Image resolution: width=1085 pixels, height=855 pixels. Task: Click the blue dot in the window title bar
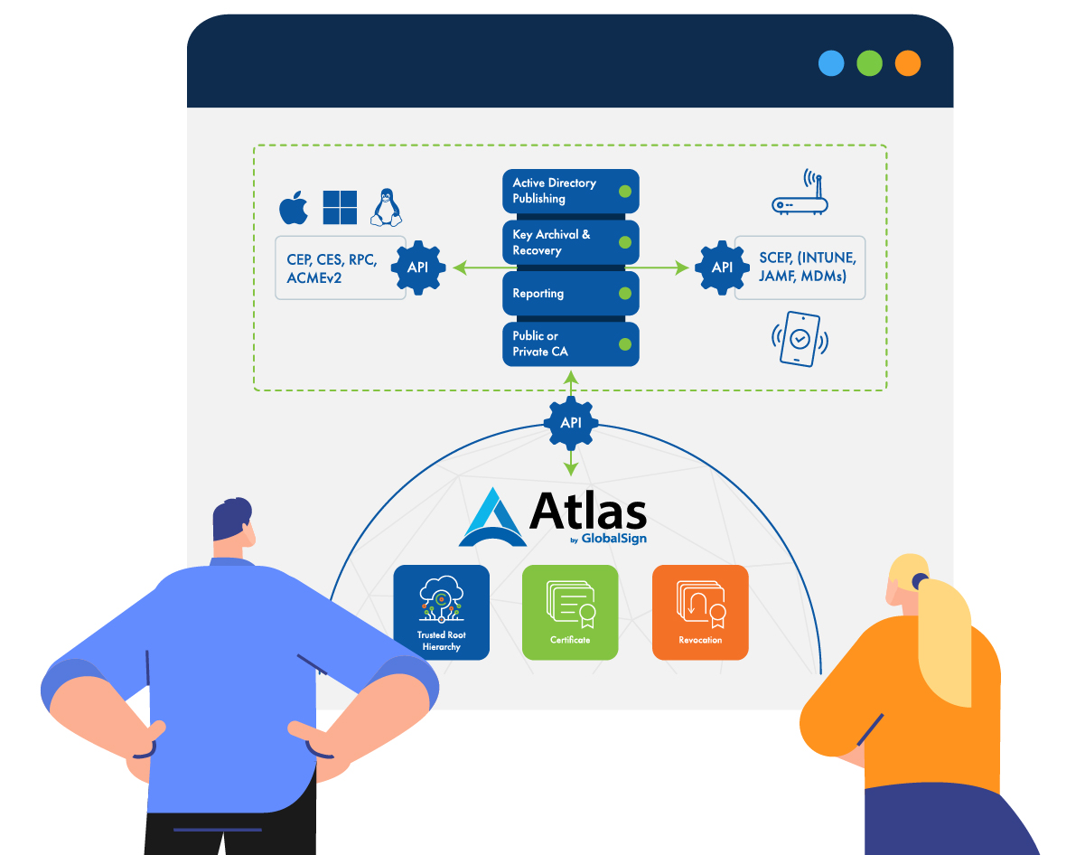(x=831, y=63)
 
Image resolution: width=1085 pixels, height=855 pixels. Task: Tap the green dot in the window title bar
(x=869, y=63)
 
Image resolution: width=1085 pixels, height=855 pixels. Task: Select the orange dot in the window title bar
(x=907, y=63)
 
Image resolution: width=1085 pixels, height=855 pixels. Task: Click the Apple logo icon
(x=294, y=208)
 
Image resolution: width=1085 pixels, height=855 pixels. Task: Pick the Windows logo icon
(x=340, y=207)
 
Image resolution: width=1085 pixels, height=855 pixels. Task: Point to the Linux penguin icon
(x=387, y=207)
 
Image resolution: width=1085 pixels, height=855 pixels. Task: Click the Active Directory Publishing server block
(x=570, y=191)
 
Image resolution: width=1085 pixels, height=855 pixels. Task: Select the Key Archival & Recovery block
(x=570, y=242)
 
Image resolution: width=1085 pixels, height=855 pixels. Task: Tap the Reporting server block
(x=570, y=294)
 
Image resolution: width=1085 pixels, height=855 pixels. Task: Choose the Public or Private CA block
(x=570, y=343)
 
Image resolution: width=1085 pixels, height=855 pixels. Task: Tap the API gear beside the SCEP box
(x=722, y=268)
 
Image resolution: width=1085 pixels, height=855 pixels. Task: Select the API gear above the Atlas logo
(x=570, y=422)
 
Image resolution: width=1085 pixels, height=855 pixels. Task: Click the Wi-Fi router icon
(x=801, y=196)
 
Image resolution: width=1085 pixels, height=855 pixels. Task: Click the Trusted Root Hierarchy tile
(x=442, y=612)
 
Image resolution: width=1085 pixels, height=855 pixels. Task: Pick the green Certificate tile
(x=570, y=612)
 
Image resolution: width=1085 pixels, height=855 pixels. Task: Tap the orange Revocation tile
(x=700, y=612)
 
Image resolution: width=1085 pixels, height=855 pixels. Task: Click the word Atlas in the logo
(x=587, y=512)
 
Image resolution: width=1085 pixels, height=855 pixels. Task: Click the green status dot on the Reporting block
(x=624, y=294)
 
